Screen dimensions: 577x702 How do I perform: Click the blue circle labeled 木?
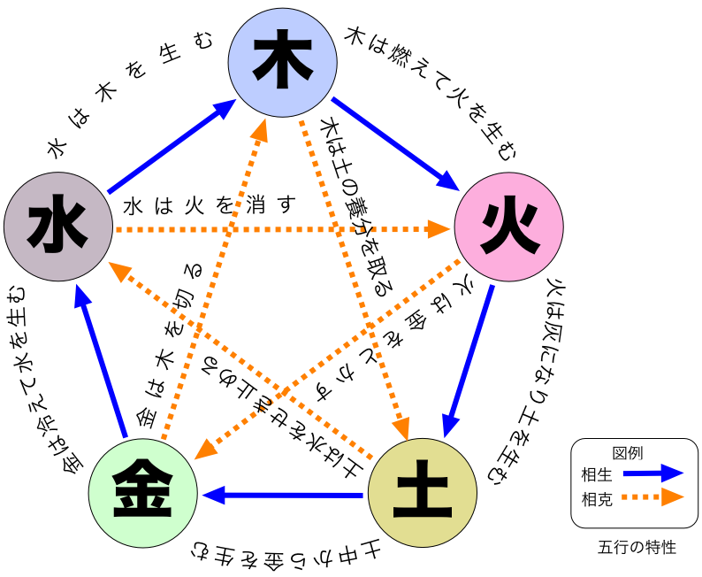[x=282, y=63]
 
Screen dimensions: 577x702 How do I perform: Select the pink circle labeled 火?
[x=508, y=227]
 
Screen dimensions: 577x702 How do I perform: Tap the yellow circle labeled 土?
[x=422, y=493]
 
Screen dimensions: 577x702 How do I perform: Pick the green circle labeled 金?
[x=143, y=493]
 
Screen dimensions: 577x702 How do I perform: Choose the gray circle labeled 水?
[x=58, y=227]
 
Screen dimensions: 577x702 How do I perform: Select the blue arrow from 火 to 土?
[x=469, y=359]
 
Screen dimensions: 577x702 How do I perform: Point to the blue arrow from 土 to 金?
[x=283, y=495]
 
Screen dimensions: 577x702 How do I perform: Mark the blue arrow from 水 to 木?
[x=171, y=146]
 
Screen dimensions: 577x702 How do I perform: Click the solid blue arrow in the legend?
[x=652, y=473]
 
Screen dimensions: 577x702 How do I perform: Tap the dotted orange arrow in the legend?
[x=652, y=496]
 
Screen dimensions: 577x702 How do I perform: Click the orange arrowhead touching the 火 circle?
[x=439, y=229]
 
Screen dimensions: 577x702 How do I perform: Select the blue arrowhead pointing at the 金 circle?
[x=214, y=495]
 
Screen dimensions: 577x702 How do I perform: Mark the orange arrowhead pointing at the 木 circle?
[x=260, y=130]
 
